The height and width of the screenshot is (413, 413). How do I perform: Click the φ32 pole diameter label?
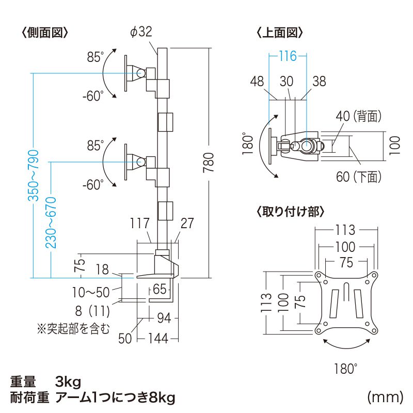click(141, 33)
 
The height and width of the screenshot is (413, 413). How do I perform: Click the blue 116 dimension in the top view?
click(288, 56)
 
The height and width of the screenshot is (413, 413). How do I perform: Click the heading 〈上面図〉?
click(279, 33)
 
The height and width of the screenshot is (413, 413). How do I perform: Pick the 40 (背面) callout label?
click(358, 116)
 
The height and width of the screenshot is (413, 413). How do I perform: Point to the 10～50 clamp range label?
click(90, 292)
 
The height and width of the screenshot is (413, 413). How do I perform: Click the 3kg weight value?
click(68, 382)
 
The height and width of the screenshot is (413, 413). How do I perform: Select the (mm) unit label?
click(385, 397)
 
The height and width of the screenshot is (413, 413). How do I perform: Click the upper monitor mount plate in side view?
click(127, 73)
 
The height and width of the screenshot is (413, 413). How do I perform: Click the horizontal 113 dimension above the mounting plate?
click(344, 229)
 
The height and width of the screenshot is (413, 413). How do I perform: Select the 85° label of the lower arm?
click(96, 146)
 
